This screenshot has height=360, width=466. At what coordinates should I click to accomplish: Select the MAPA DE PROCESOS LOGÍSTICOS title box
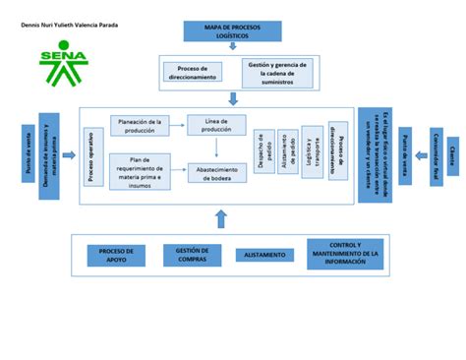[x=232, y=30]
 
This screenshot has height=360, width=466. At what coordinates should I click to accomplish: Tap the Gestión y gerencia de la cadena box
[x=276, y=71]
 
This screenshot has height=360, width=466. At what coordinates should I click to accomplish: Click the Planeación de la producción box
[x=138, y=126]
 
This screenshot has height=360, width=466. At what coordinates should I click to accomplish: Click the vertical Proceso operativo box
[x=92, y=155]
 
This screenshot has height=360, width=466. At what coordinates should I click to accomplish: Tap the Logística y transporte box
[x=312, y=151]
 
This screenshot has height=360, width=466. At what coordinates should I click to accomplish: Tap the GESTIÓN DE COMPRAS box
[x=192, y=256]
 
